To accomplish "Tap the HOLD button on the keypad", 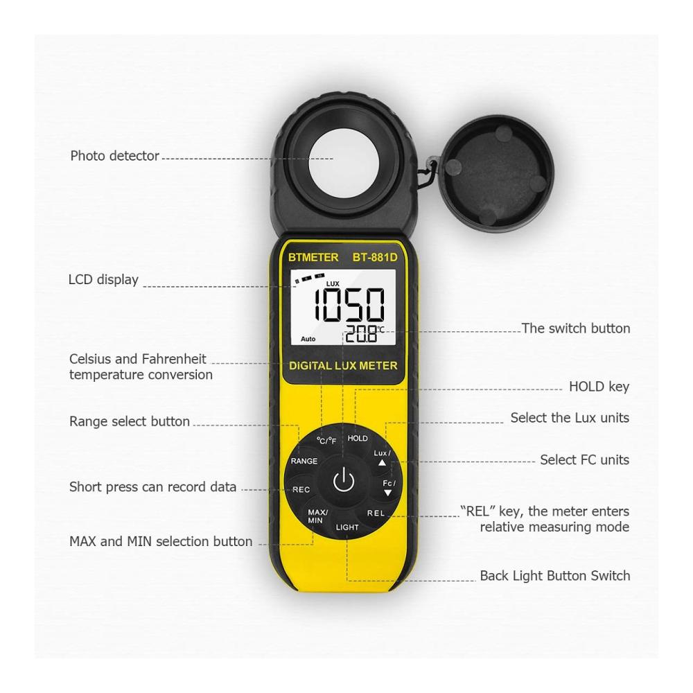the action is [357, 438].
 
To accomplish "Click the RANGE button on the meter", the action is [304, 461].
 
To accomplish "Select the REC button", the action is [301, 490].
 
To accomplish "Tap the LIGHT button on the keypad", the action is [347, 527].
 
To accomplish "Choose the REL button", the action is [376, 513].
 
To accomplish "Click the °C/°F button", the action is [326, 441].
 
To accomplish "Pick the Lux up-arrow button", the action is [382, 457].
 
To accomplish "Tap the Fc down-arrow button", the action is [389, 487].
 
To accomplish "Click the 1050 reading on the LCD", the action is [349, 304].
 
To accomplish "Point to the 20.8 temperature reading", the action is [362, 334].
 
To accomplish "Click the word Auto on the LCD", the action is [308, 339].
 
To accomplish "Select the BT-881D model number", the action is [375, 257].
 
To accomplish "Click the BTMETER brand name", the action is [313, 257].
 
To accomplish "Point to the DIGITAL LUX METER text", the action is [343, 365].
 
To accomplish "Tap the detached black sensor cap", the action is [495, 171].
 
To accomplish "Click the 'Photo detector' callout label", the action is [114, 155].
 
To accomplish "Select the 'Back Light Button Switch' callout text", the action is [554, 575].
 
